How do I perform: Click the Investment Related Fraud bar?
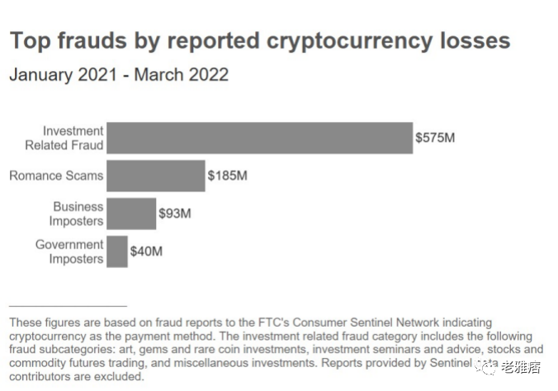tap(259, 138)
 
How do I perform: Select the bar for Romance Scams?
tap(155, 176)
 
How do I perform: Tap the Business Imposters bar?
tap(130, 214)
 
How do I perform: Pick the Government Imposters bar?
tap(117, 252)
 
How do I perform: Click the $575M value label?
tap(435, 138)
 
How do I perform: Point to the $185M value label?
tap(228, 176)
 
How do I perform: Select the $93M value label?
tap(175, 214)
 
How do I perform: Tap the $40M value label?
tap(146, 252)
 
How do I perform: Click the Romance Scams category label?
tap(56, 176)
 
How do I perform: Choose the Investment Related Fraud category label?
tap(73, 138)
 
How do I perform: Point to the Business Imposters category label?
tap(77, 214)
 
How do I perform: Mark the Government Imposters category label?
tap(69, 252)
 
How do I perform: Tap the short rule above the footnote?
tap(68, 306)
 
